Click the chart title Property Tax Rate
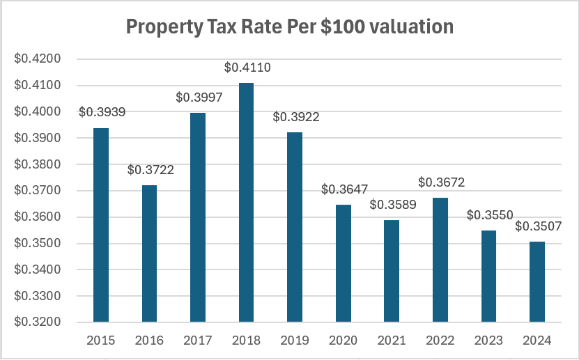289,27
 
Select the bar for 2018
247,202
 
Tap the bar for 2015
102,225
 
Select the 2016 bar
150,253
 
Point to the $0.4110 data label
247,68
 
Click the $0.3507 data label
538,226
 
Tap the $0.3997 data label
199,98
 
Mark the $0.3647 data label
344,189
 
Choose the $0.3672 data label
441,182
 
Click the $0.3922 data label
295,117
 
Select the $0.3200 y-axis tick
38,322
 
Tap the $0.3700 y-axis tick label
38,191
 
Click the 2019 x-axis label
295,341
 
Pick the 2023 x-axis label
489,341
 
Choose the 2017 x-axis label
199,341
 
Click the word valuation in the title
411,27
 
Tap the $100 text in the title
343,27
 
